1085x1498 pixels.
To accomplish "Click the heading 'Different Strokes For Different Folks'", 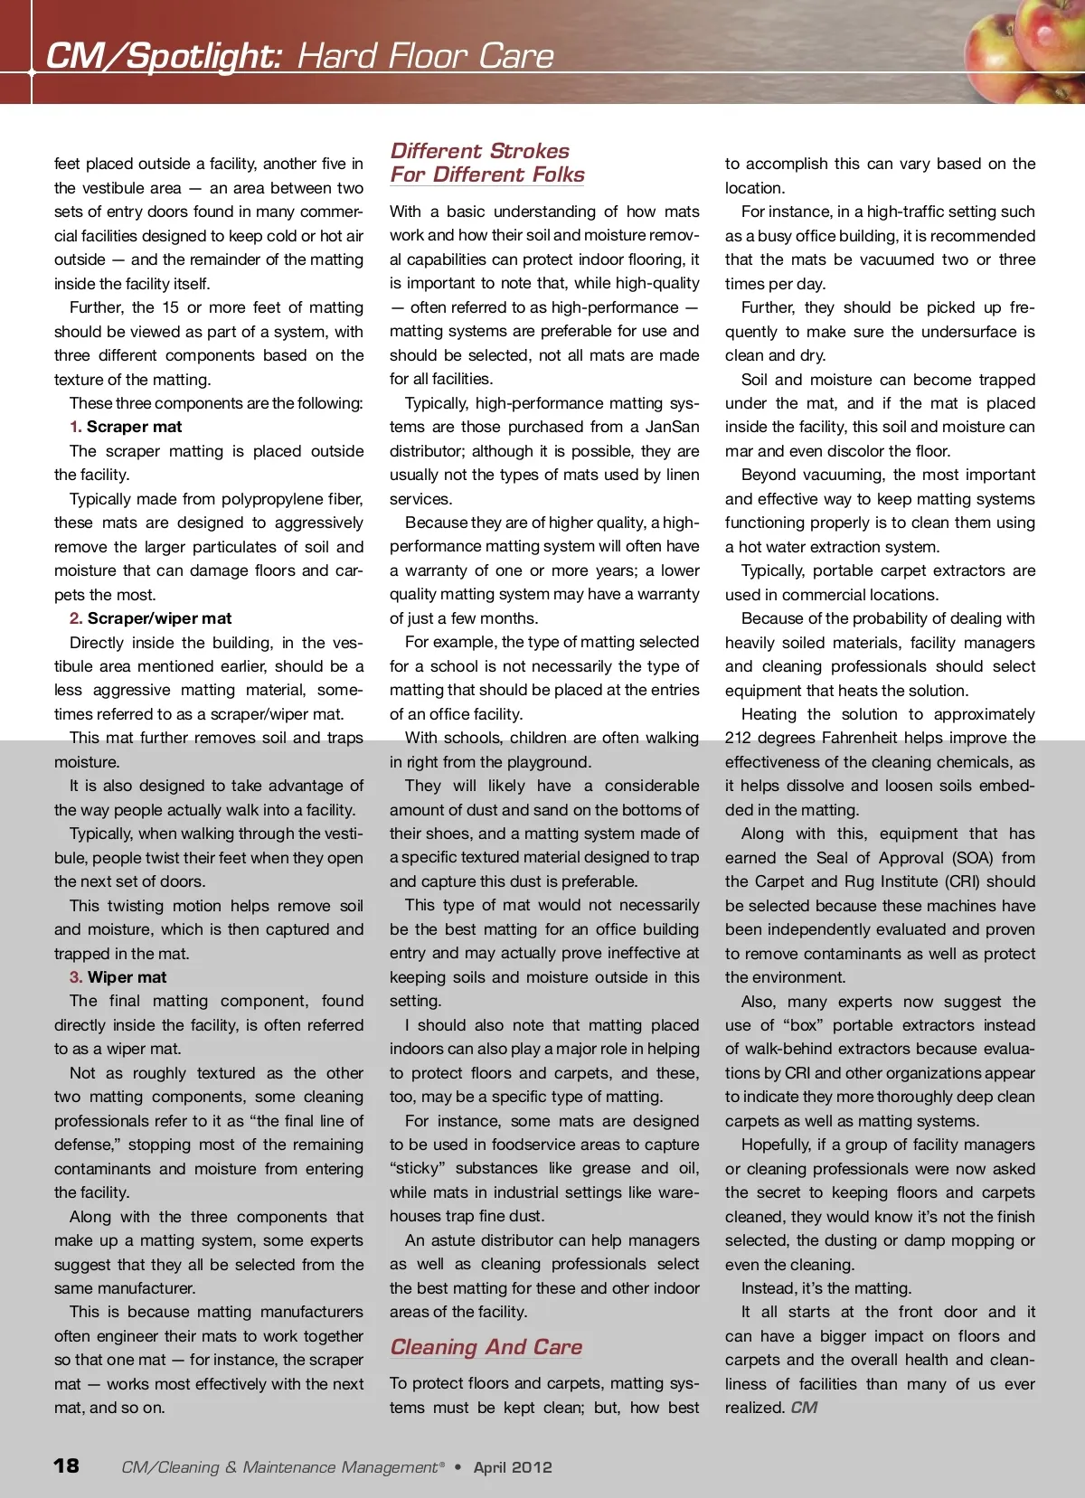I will tap(486, 163).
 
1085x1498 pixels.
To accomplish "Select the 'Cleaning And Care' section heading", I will tap(486, 1347).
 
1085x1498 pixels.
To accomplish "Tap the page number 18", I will tap(66, 1465).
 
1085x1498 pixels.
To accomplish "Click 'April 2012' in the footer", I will tap(512, 1467).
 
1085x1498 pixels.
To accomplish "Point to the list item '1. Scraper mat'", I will tap(126, 427).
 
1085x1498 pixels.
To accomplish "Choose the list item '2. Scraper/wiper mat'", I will tap(150, 618).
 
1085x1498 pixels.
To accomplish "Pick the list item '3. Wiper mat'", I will tap(118, 977).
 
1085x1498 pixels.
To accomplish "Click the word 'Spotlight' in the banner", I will tap(203, 56).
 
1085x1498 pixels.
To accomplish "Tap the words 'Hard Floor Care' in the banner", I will tap(425, 56).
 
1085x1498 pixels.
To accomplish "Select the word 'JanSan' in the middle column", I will tap(672, 427).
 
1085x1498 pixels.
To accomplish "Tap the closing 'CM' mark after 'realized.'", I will tap(804, 1408).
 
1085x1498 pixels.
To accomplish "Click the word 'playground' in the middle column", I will tap(547, 762).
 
